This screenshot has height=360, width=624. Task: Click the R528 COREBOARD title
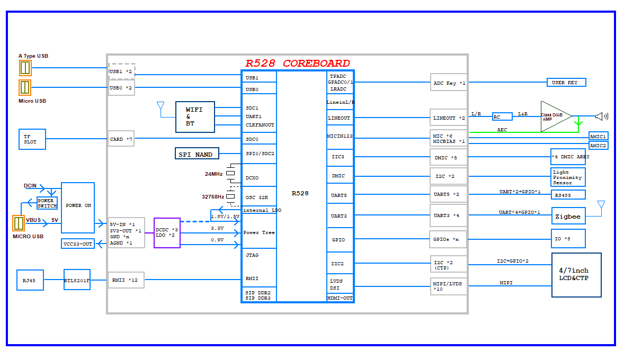pos(297,63)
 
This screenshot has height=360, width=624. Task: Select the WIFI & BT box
pos(195,117)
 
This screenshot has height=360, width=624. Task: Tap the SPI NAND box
pos(197,154)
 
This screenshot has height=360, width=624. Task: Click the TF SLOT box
pos(32,139)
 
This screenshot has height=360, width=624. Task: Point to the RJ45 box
pos(30,280)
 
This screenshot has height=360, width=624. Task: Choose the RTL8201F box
pos(77,280)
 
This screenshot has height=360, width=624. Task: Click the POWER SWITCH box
pos(47,203)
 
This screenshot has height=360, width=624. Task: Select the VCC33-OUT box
pos(78,244)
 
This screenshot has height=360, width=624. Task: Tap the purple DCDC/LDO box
pos(167,232)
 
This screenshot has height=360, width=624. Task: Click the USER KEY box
pos(566,83)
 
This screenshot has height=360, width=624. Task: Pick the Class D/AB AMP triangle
pos(553,116)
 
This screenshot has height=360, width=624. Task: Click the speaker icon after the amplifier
pos(601,116)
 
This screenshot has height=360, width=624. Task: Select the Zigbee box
pos(568,216)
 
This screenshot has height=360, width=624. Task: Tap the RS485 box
pos(568,194)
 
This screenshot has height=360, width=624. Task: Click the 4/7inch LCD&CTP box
pos(576,275)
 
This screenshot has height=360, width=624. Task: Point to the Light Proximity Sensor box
pos(568,177)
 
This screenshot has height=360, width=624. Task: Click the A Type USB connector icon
pos(25,68)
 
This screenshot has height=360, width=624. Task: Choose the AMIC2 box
pos(598,145)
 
